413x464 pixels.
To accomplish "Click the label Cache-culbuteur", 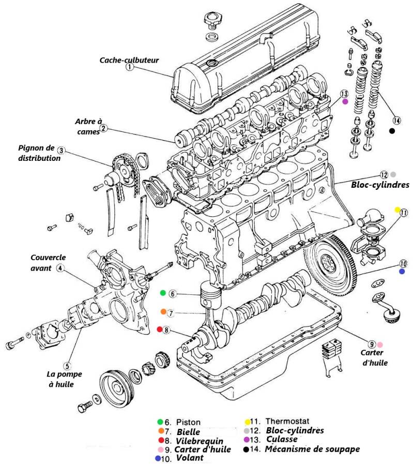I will pos(129,60).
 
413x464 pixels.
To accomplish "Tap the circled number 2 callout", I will pos(103,128).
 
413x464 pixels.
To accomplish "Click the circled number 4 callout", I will pos(60,268).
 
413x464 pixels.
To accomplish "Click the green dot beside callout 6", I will pos(163,293).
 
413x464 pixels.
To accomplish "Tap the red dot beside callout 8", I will pos(160,329).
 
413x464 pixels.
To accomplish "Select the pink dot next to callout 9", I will pos(380,344).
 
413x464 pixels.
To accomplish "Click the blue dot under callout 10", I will pos(402,271).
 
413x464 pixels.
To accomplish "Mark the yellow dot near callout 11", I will pos(397,210).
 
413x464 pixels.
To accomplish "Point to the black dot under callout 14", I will pos(392,131).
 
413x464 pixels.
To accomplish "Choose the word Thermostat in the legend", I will pos(283,422).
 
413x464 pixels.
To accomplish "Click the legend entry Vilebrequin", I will pos(200,441).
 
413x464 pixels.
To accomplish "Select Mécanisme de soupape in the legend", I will pos(312,449).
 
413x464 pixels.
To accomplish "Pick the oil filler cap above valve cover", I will pos(211,22).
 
